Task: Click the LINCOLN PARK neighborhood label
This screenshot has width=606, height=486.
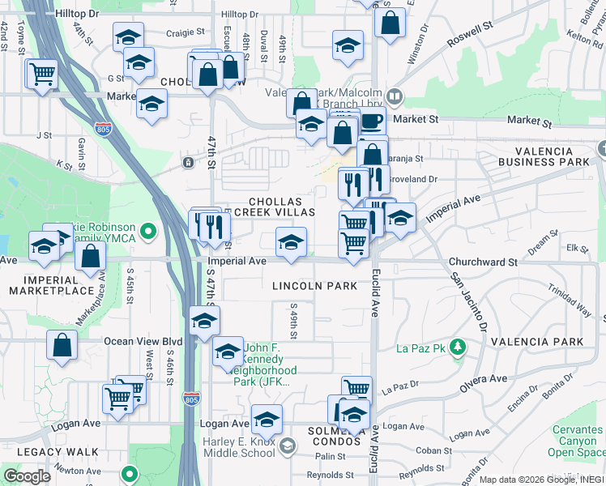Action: pyautogui.click(x=314, y=286)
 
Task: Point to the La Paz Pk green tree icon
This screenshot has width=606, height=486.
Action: pyautogui.click(x=458, y=347)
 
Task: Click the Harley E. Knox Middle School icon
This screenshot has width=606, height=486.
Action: pyautogui.click(x=288, y=446)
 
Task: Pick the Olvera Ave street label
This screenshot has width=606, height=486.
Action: pyautogui.click(x=484, y=378)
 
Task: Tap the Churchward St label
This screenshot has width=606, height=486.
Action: pyautogui.click(x=483, y=262)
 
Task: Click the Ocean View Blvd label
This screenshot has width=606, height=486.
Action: pyautogui.click(x=143, y=341)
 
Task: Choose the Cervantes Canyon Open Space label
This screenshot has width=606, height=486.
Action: pyautogui.click(x=576, y=441)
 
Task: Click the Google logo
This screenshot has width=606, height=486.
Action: pyautogui.click(x=27, y=476)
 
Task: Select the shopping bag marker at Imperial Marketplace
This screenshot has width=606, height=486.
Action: pyautogui.click(x=91, y=257)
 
